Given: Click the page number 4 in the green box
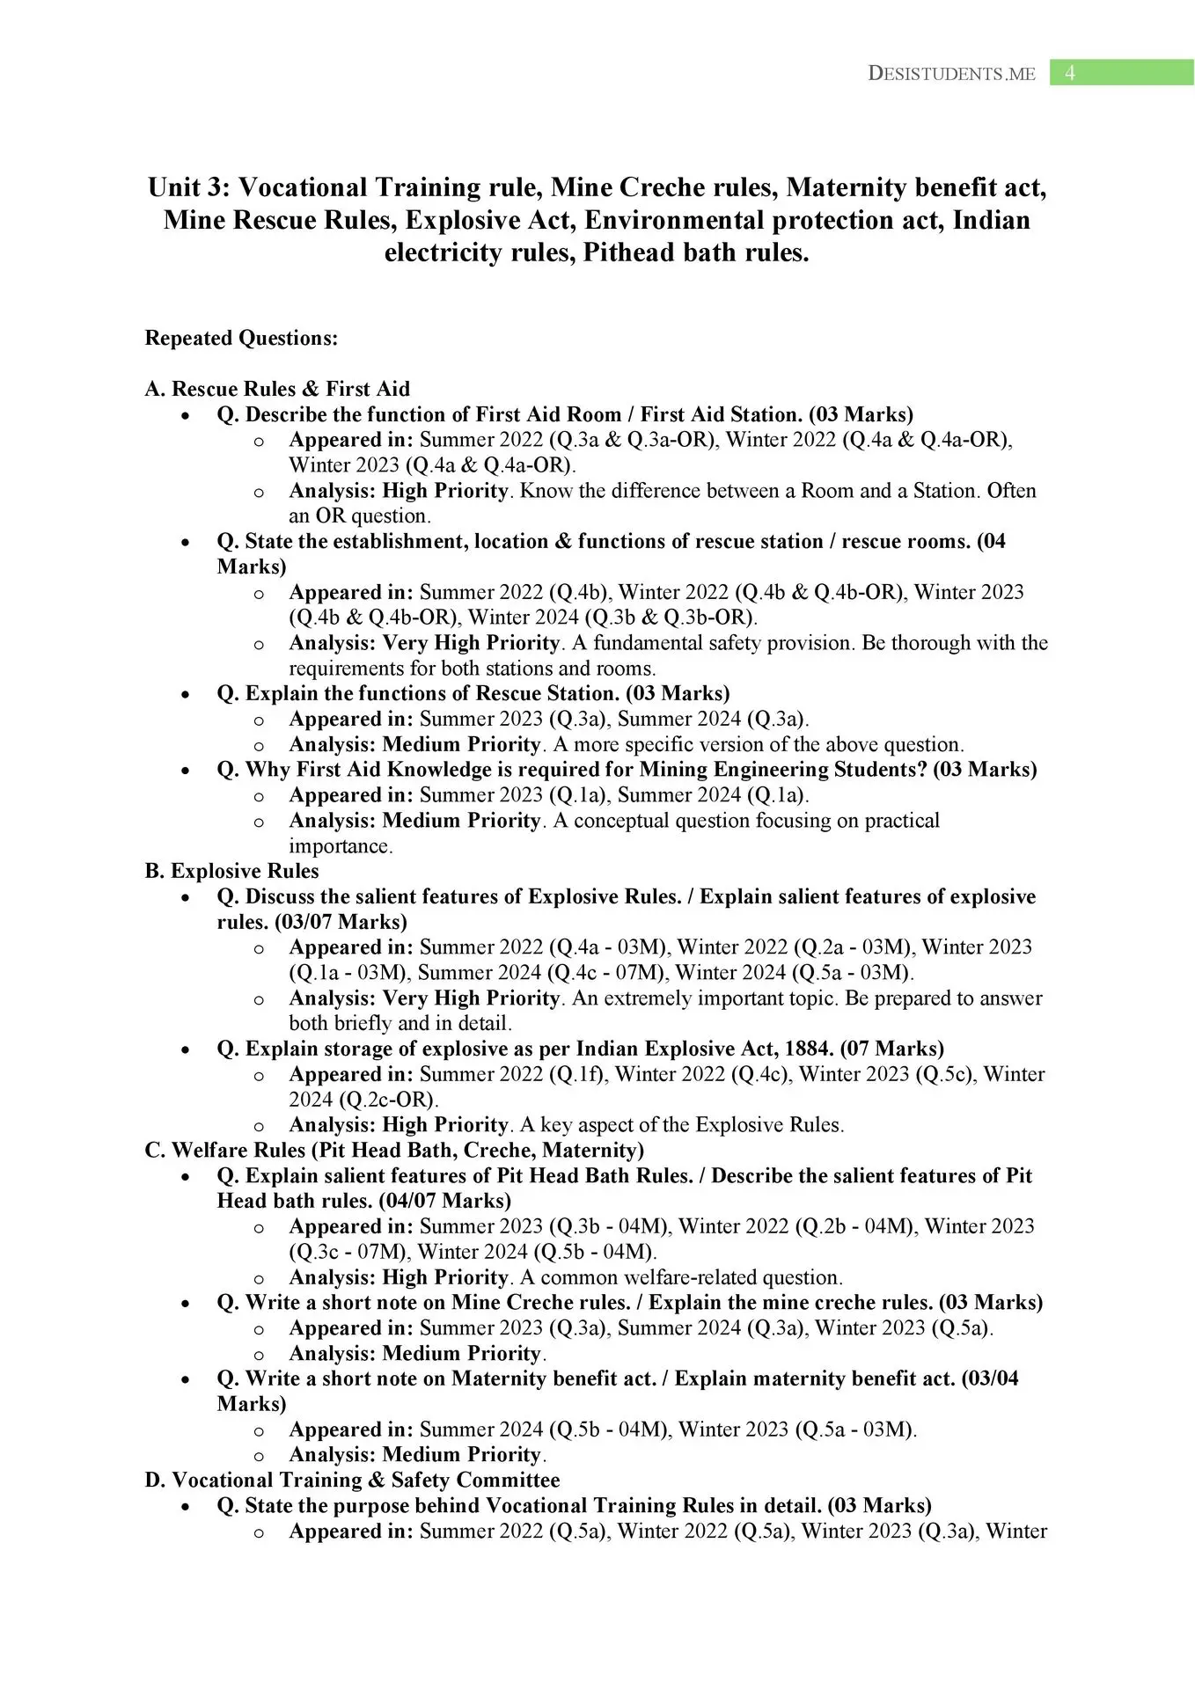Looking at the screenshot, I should (x=1069, y=73).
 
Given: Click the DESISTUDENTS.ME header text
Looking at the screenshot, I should (x=951, y=74).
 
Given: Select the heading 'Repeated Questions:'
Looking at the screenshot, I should (x=241, y=339).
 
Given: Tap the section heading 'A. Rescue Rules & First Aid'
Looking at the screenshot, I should (x=277, y=389).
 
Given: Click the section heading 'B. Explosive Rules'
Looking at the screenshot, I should (x=231, y=871).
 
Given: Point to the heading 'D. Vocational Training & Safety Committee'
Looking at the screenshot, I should (x=352, y=1481).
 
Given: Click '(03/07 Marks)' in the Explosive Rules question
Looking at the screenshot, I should (x=341, y=922).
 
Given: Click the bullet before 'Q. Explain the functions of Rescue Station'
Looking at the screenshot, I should (x=185, y=695).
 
